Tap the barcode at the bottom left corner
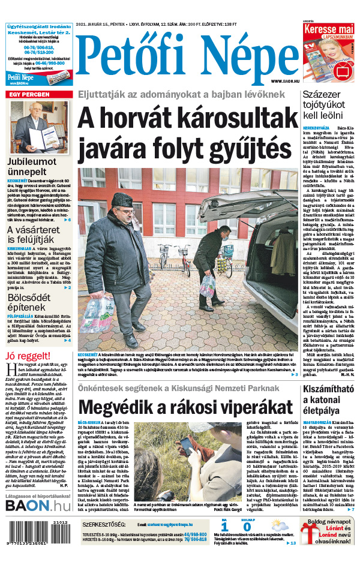(x=27, y=545)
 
